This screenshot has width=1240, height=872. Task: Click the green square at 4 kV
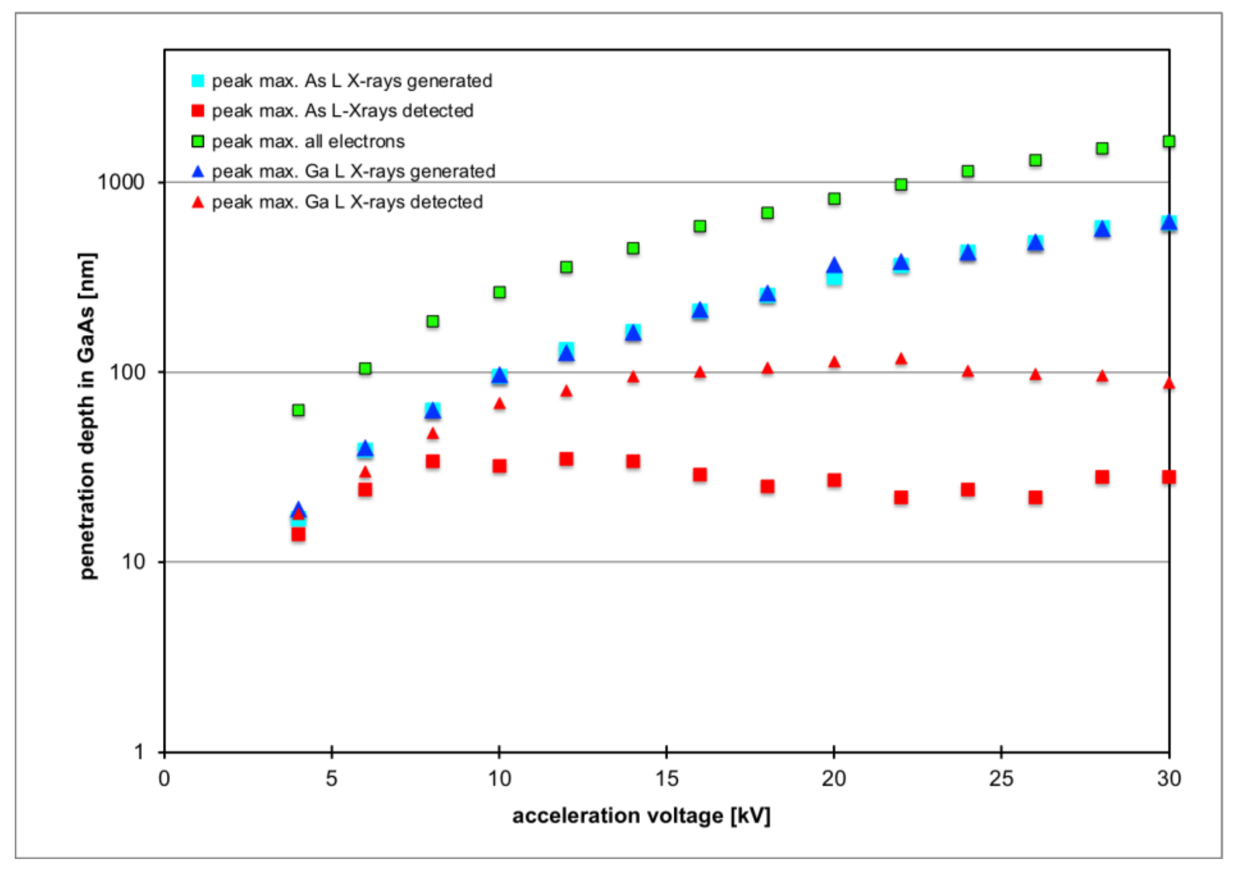click(x=298, y=410)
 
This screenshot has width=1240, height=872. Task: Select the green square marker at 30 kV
click(x=1169, y=142)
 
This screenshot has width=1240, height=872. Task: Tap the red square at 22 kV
click(x=901, y=497)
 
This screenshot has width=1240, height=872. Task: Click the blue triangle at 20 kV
click(x=834, y=266)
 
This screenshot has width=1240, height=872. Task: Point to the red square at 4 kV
click(x=298, y=534)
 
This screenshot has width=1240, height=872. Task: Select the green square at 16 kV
click(x=700, y=226)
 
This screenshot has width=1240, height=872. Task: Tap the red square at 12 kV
click(x=566, y=459)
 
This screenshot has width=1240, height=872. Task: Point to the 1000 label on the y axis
click(x=122, y=182)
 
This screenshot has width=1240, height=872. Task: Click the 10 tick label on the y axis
click(x=133, y=562)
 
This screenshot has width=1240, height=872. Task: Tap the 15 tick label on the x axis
click(x=666, y=779)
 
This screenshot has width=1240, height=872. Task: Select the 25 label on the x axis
click(x=1001, y=779)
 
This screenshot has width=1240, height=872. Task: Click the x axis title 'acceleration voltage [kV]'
click(x=641, y=815)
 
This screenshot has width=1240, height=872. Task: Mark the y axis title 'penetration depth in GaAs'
click(x=87, y=416)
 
